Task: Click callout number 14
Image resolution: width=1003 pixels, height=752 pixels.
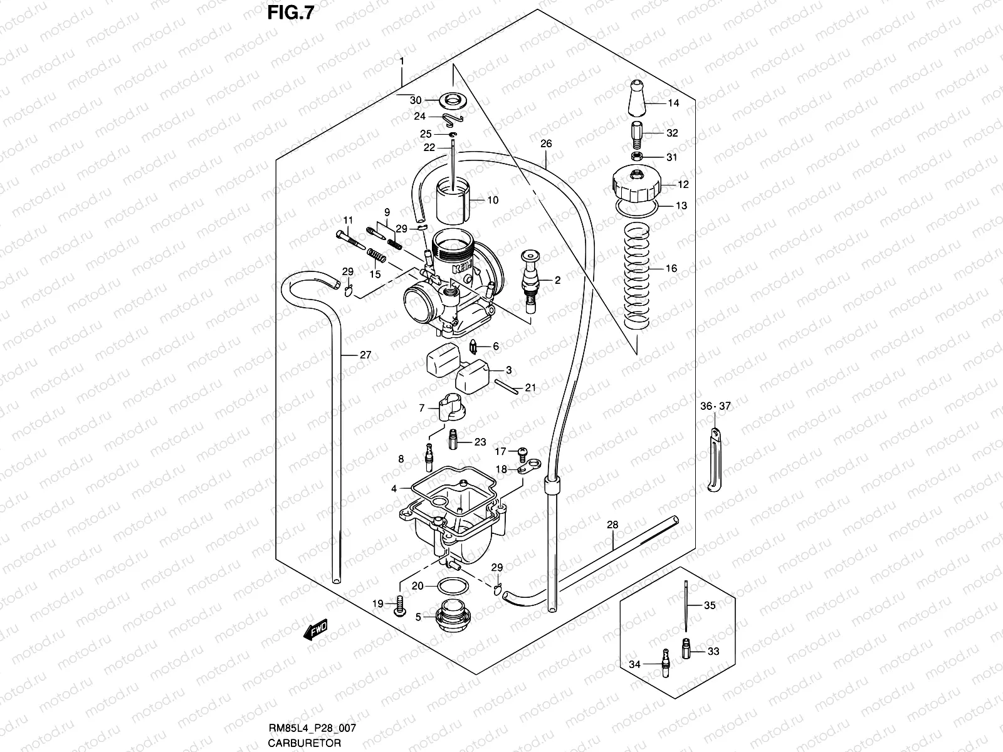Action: [x=673, y=103]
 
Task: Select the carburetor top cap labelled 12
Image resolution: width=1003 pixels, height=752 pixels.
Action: [x=635, y=183]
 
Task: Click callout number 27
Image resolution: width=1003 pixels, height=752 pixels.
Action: [x=365, y=355]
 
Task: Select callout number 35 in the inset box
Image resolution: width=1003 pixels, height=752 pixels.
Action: [x=710, y=605]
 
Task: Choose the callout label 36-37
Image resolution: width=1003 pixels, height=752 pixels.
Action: [x=715, y=406]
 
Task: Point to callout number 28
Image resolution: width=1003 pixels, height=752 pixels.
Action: [x=612, y=524]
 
